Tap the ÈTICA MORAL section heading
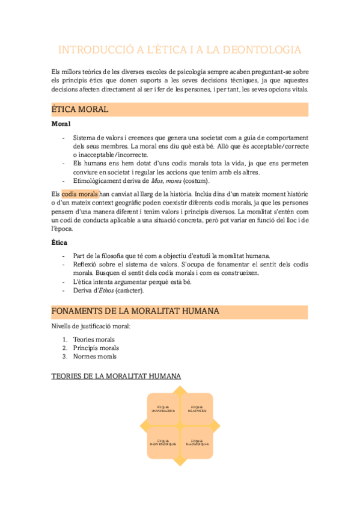[80, 109]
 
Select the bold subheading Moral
[61, 124]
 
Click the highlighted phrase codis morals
[80, 194]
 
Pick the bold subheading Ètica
[59, 242]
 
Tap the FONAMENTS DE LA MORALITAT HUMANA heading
[135, 312]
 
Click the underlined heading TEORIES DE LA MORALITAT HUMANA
[116, 376]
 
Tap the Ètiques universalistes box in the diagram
[163, 410]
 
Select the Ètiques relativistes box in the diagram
[197, 410]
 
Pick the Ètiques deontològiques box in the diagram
[163, 444]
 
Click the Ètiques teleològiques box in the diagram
[197, 444]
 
